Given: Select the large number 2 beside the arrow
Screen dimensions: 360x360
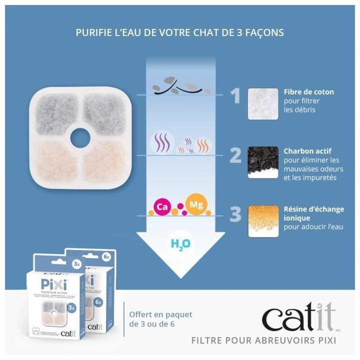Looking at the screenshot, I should click(x=235, y=155).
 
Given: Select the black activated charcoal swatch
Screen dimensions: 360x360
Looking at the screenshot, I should click(x=263, y=162).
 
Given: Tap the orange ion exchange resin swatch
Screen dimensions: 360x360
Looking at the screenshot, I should click(x=263, y=221).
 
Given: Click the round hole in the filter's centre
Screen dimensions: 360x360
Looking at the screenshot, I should click(x=80, y=138).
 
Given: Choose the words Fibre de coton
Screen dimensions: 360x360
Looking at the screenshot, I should click(x=308, y=92).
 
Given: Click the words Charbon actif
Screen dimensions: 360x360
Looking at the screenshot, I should click(x=307, y=150).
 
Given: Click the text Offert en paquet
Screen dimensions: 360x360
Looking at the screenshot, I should click(x=160, y=315).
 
